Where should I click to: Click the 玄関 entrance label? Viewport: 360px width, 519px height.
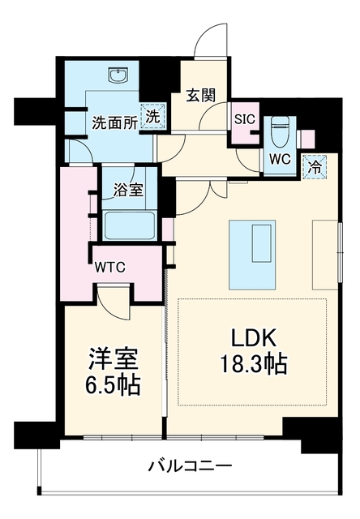[201, 95]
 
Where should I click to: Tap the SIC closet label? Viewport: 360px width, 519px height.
[245, 119]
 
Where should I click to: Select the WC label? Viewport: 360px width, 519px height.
[280, 159]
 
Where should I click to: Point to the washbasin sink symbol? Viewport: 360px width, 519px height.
[118, 75]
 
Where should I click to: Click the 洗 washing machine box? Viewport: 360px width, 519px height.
[153, 116]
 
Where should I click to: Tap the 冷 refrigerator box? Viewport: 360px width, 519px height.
[315, 166]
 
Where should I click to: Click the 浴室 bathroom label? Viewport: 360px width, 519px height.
[128, 190]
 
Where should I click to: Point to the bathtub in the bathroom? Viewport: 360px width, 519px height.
[130, 225]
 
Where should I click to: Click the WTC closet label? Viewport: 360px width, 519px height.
[110, 267]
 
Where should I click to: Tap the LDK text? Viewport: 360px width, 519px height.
[253, 337]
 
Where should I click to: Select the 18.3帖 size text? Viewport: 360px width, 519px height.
[253, 364]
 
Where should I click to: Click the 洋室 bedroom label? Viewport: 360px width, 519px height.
[113, 359]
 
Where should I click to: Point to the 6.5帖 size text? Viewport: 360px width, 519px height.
[113, 385]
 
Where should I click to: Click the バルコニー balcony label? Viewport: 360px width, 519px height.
[190, 467]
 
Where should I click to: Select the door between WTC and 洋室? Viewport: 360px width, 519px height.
[115, 302]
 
